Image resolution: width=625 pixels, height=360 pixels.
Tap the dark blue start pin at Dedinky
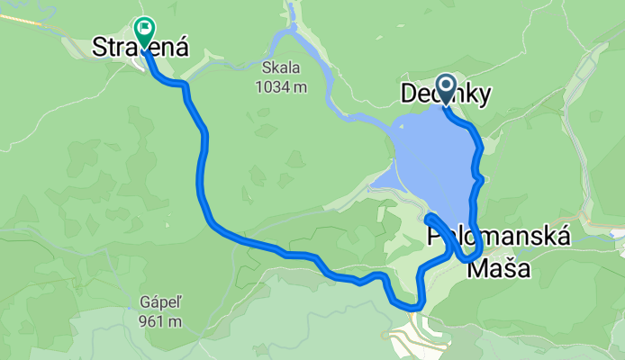[x=446, y=87]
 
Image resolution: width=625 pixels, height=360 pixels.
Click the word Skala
[x=279, y=68]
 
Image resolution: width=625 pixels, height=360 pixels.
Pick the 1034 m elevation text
[x=279, y=86]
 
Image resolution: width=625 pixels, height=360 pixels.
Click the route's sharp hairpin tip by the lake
[x=429, y=218]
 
